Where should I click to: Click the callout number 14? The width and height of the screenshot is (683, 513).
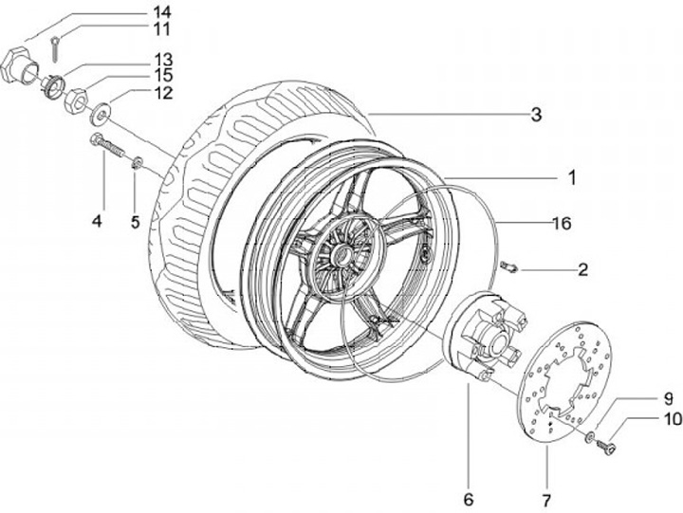[161, 11]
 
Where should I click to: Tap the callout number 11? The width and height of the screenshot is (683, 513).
[161, 29]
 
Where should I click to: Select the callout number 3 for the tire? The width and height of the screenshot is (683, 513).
[536, 115]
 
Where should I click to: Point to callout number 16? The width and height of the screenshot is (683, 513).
[562, 224]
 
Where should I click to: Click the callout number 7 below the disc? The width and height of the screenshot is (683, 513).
[546, 501]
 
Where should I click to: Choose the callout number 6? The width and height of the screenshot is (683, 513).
[469, 500]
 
